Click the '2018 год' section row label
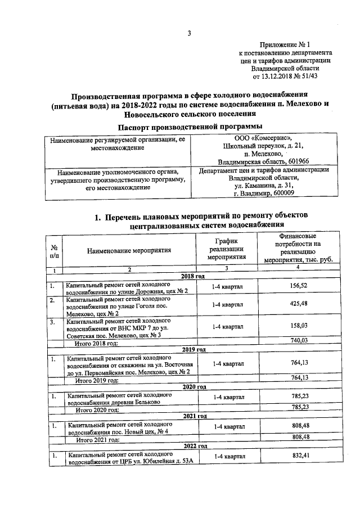point(192,276)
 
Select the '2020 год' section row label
point(193,387)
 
